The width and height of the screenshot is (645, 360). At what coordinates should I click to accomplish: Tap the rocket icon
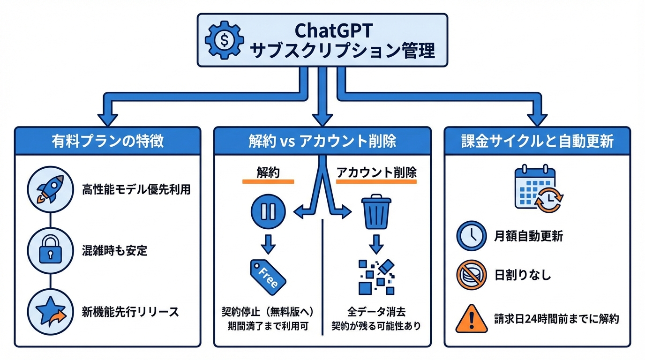(50, 189)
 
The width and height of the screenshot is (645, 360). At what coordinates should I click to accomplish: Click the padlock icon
(50, 251)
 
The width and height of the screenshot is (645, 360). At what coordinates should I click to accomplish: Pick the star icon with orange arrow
(50, 312)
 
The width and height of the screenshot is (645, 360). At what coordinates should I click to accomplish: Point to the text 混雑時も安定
(114, 251)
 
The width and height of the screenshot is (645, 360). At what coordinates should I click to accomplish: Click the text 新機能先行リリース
(130, 312)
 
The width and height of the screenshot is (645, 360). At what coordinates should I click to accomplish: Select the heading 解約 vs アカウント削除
(322, 141)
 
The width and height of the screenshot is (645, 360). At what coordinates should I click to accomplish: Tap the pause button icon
(268, 211)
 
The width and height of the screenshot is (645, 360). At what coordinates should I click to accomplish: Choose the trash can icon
(376, 212)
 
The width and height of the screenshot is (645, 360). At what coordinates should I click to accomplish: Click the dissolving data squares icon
(375, 277)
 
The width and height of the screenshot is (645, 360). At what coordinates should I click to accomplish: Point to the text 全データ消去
(376, 311)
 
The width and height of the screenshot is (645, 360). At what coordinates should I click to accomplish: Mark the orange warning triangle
(471, 318)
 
